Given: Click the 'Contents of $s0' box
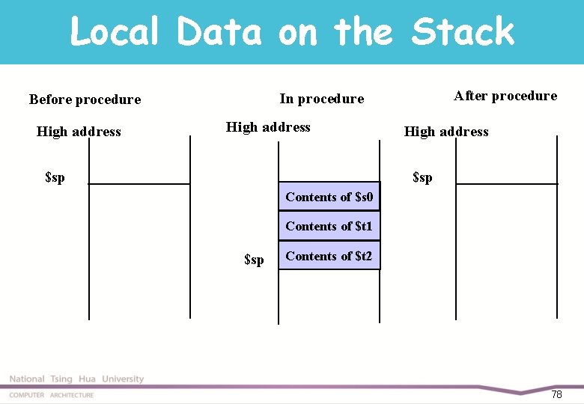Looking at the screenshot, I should tap(329, 197).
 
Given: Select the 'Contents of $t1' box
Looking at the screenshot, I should tap(329, 226).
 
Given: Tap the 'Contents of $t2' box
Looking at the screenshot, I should tap(329, 256).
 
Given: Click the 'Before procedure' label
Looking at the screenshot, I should tap(85, 100).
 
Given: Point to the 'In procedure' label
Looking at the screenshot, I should tap(321, 99).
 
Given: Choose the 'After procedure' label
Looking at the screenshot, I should tap(505, 96).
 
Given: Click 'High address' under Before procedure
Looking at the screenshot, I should tap(79, 132).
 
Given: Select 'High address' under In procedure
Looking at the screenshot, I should tap(268, 127).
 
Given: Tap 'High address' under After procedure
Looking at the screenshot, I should tap(446, 132).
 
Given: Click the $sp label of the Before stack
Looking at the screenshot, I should tap(55, 177).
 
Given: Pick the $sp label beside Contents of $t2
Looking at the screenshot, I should tap(254, 260).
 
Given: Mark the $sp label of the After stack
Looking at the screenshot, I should tap(422, 177).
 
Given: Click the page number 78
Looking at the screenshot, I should tap(556, 394).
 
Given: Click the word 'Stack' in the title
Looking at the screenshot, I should tap(463, 32).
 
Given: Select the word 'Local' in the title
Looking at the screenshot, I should tap(115, 32).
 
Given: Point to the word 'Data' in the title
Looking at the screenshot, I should tap(219, 32).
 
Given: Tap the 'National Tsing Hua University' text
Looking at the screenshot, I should tap(76, 379).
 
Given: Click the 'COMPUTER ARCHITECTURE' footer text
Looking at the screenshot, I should tap(51, 395).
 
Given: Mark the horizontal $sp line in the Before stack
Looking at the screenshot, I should tap(139, 183).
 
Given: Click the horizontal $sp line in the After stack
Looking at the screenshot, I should tap(507, 183).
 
